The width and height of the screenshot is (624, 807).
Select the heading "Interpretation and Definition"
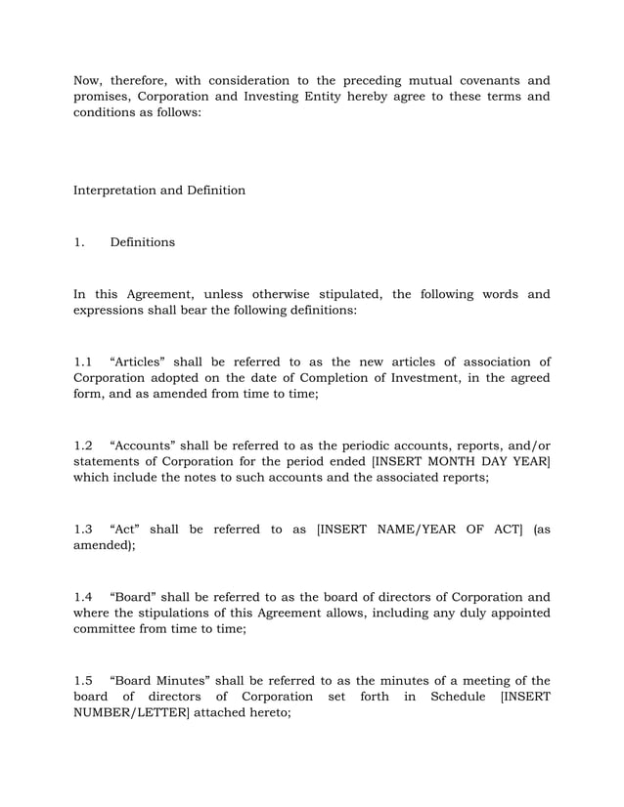(159, 190)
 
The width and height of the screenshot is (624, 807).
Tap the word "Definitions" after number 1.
(143, 241)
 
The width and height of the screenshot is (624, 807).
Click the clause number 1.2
(83, 446)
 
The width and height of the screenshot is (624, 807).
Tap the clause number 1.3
(83, 530)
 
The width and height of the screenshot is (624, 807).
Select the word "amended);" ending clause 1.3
(105, 546)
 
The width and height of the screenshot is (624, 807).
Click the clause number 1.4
(83, 597)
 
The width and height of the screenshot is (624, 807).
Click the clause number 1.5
(83, 681)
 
